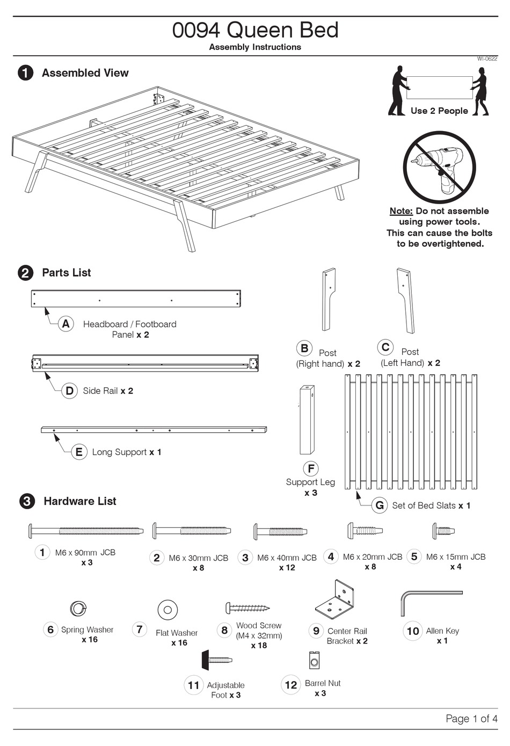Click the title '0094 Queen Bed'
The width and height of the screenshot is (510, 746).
pyautogui.click(x=255, y=30)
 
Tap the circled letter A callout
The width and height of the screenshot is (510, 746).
pyautogui.click(x=65, y=324)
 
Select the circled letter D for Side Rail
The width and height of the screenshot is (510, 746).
pyautogui.click(x=69, y=390)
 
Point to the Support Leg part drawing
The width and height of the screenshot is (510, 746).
pyautogui.click(x=307, y=419)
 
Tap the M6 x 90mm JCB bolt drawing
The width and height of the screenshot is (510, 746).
pyautogui.click(x=86, y=531)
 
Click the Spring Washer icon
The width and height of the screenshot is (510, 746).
pyautogui.click(x=78, y=609)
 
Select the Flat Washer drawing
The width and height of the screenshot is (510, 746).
pyautogui.click(x=167, y=610)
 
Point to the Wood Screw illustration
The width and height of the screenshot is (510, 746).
pyautogui.click(x=247, y=608)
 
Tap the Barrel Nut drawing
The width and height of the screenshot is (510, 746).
pyautogui.click(x=315, y=660)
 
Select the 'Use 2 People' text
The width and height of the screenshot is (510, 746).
pyautogui.click(x=439, y=111)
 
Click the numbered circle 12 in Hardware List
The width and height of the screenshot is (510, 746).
pyautogui.click(x=291, y=685)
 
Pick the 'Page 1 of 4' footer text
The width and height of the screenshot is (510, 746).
pyautogui.click(x=471, y=719)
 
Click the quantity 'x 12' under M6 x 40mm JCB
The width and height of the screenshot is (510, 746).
pyautogui.click(x=287, y=568)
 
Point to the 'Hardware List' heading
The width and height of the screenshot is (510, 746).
pyautogui.click(x=80, y=501)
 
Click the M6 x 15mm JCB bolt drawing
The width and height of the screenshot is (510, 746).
pyautogui.click(x=443, y=531)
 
